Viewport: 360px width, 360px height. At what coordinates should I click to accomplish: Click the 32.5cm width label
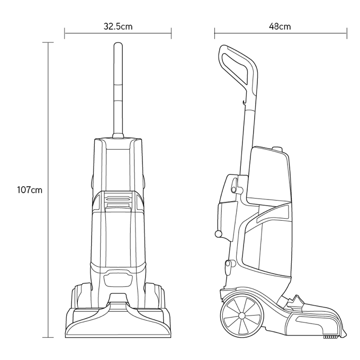[118, 26]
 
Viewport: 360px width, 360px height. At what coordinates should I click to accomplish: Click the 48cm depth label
[280, 26]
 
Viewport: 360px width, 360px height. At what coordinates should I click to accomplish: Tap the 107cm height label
[30, 190]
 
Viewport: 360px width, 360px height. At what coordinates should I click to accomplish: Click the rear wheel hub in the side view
[241, 316]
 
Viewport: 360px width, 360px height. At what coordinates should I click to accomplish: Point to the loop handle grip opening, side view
[236, 68]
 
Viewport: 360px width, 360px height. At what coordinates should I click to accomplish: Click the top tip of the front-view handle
[118, 43]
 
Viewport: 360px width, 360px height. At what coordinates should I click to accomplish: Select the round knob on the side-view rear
[218, 233]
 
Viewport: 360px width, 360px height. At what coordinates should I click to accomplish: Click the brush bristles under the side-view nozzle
[330, 337]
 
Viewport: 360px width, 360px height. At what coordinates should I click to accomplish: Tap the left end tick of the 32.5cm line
[65, 33]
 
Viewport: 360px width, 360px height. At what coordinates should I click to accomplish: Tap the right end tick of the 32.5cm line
[172, 33]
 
